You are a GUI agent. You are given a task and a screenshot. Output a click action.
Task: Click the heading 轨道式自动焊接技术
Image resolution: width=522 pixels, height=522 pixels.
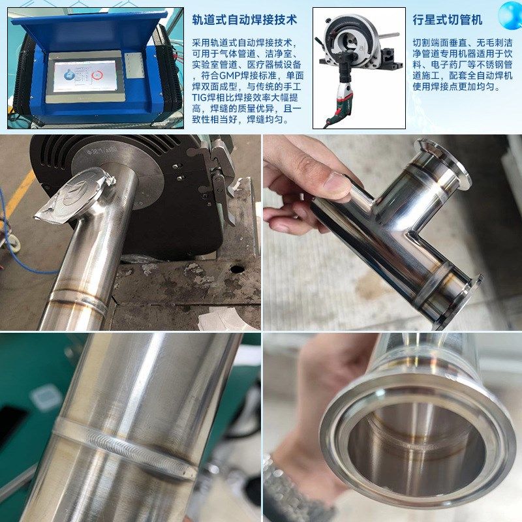pyautogui.click(x=244, y=20)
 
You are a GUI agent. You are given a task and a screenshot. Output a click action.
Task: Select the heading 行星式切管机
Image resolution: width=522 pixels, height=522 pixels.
pyautogui.click(x=448, y=20)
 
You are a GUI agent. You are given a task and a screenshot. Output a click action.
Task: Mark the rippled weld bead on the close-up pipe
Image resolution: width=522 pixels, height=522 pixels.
pyautogui.click(x=124, y=447)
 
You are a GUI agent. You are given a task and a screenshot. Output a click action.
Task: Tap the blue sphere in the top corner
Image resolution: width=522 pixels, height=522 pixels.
pyautogui.click(x=510, y=14)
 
